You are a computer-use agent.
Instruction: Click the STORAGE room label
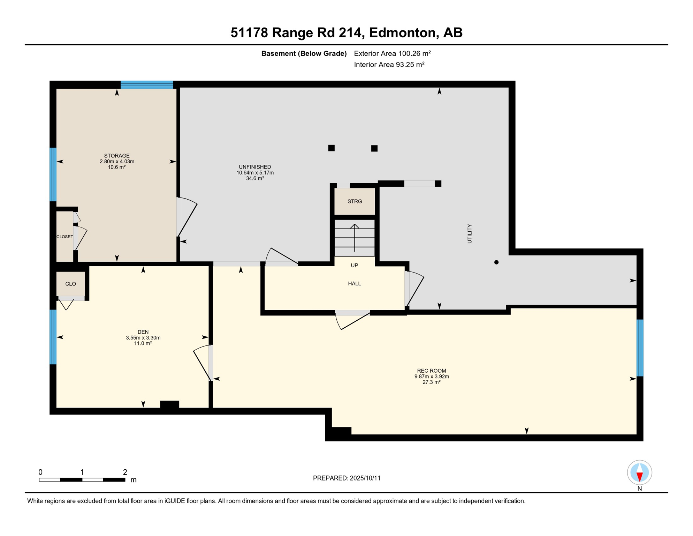click(x=117, y=156)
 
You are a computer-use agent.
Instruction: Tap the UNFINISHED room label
click(x=255, y=167)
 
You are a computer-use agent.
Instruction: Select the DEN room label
click(x=143, y=332)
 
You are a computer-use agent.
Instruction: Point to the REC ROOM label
click(x=432, y=371)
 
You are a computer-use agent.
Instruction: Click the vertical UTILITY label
click(x=470, y=234)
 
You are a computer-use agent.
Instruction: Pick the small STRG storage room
click(x=355, y=201)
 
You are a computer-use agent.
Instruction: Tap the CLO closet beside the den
click(x=71, y=284)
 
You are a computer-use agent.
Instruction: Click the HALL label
click(x=355, y=283)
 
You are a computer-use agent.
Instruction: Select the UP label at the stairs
click(x=355, y=265)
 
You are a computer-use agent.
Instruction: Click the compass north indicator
click(x=639, y=473)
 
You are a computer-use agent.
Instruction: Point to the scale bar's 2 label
click(x=125, y=472)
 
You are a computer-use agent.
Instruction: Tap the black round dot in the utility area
click(x=496, y=262)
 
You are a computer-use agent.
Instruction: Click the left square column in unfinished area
click(x=332, y=148)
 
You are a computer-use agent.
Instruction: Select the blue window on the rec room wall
click(x=640, y=348)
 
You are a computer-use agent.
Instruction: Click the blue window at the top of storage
click(x=147, y=84)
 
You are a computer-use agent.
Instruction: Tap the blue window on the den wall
click(x=53, y=337)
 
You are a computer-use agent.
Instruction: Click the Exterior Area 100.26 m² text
click(x=393, y=53)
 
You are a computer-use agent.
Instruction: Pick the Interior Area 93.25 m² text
click(x=389, y=65)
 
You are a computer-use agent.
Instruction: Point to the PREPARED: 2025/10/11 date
click(x=347, y=478)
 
